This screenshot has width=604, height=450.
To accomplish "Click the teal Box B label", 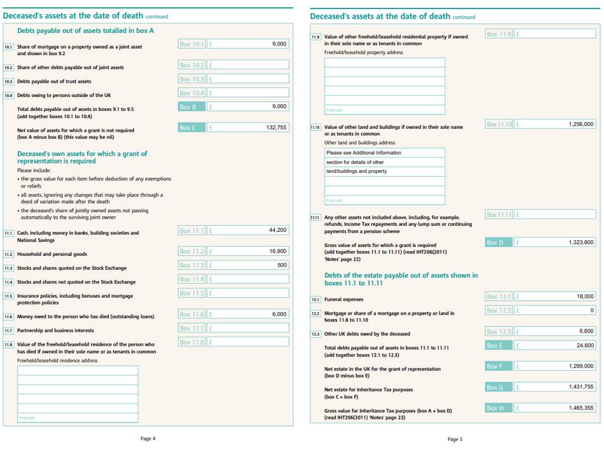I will pyautogui.click(x=192, y=107).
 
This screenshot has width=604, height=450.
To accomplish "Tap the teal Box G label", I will pyautogui.click(x=499, y=388).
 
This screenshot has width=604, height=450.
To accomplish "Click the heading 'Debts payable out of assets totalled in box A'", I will pyautogui.click(x=86, y=31).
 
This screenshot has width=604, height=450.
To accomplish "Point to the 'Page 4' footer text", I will pyautogui.click(x=148, y=439).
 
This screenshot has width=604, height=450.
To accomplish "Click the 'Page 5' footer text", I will pyautogui.click(x=455, y=439).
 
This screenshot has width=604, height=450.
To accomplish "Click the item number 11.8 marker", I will pyautogui.click(x=8, y=345).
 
